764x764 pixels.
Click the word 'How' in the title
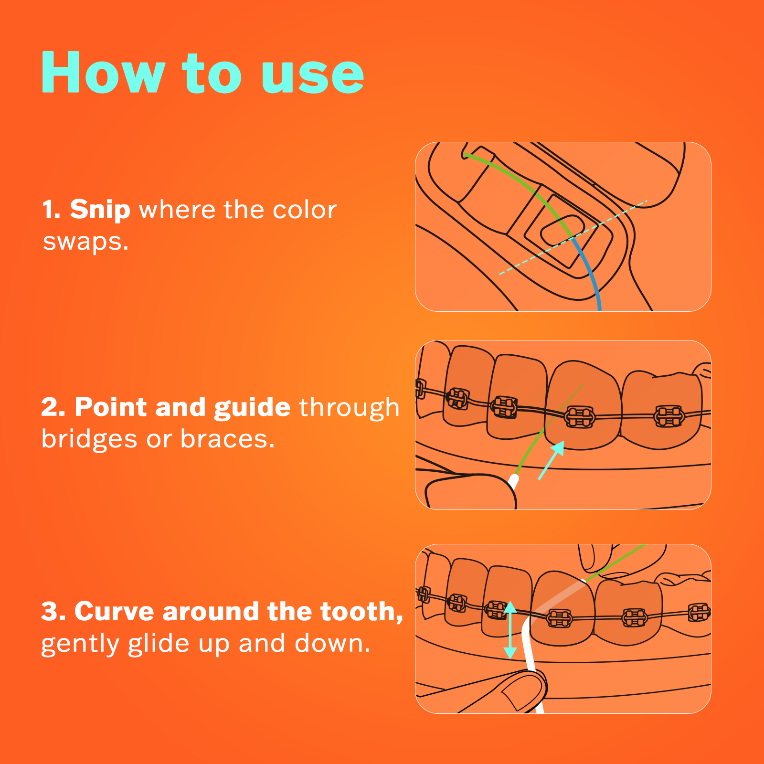(x=103, y=73)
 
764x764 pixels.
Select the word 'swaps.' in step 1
(x=85, y=242)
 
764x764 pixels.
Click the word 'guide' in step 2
(x=252, y=407)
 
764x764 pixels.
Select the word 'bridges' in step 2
(x=89, y=439)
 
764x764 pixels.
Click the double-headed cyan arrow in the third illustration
(x=510, y=630)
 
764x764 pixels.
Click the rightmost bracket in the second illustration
(x=669, y=416)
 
